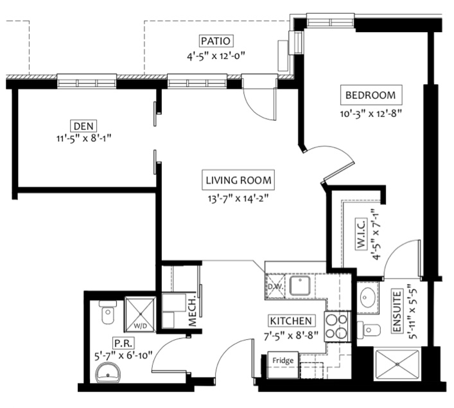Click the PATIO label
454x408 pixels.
click(x=216, y=41)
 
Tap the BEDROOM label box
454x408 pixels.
click(x=371, y=95)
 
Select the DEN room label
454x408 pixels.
click(x=83, y=126)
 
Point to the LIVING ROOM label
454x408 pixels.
click(x=238, y=180)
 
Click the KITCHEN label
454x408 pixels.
click(x=291, y=321)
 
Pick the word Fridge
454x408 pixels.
click(x=283, y=360)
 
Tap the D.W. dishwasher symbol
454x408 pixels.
click(x=275, y=286)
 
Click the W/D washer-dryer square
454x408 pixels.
click(x=140, y=314)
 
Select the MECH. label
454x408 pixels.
click(x=192, y=311)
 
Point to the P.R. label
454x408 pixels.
click(x=123, y=343)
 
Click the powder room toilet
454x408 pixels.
click(x=108, y=312)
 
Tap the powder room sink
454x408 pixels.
click(x=108, y=373)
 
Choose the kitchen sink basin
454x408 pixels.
click(x=301, y=285)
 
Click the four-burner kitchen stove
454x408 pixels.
click(x=337, y=327)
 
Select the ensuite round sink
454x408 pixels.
click(x=368, y=297)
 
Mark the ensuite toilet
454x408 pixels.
click(x=369, y=329)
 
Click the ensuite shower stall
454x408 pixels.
click(x=397, y=364)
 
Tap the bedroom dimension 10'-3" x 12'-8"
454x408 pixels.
click(x=371, y=114)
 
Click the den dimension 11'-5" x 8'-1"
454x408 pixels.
click(x=84, y=138)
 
